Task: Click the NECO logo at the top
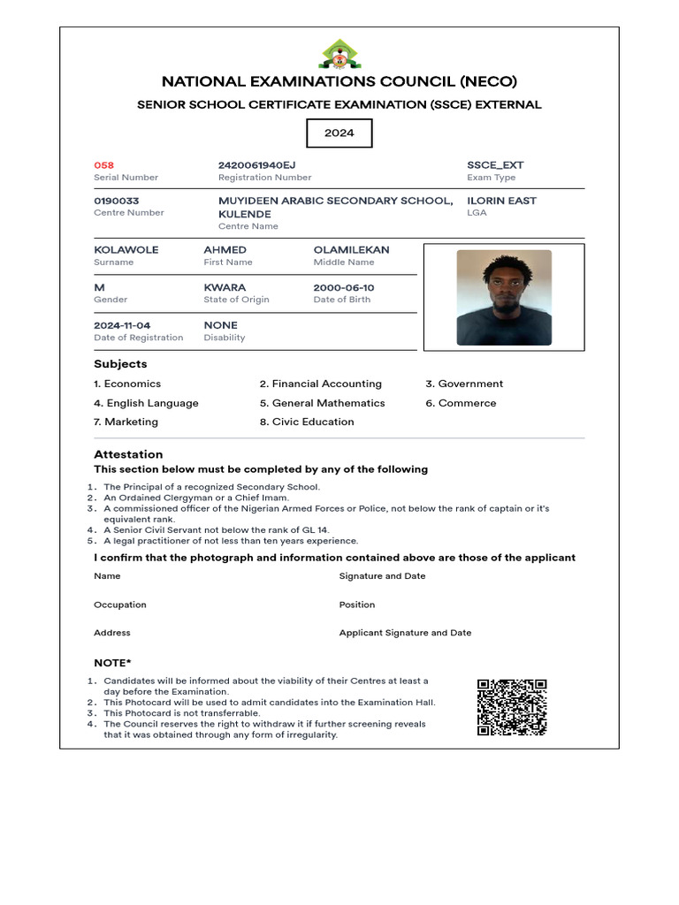point(339,55)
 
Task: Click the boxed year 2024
point(339,133)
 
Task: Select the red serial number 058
point(104,165)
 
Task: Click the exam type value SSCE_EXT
point(495,165)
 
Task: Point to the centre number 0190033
point(117,201)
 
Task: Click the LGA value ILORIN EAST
point(501,201)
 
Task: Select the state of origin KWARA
point(225,287)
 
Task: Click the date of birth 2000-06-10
point(344,287)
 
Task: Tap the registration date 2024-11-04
point(122,325)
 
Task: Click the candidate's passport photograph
point(504,297)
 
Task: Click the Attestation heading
point(128,454)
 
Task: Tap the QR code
point(512,707)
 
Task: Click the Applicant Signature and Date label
point(405,633)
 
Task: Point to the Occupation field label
point(120,605)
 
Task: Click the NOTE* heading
point(112,663)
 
